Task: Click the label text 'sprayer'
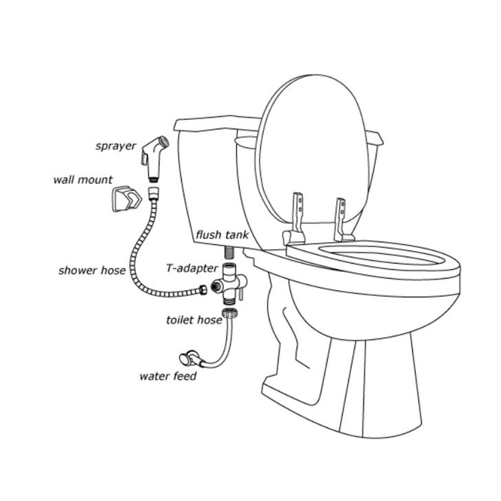click(115, 146)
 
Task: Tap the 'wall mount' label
click(83, 180)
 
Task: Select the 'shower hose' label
click(91, 271)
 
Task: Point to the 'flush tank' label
click(222, 235)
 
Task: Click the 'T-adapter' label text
click(192, 269)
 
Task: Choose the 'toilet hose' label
click(194, 320)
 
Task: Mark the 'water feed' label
click(168, 376)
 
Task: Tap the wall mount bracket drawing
click(127, 199)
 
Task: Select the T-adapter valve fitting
click(229, 283)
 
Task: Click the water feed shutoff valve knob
click(185, 359)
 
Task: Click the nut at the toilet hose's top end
click(230, 313)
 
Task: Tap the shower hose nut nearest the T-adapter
click(202, 290)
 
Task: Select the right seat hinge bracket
click(342, 221)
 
